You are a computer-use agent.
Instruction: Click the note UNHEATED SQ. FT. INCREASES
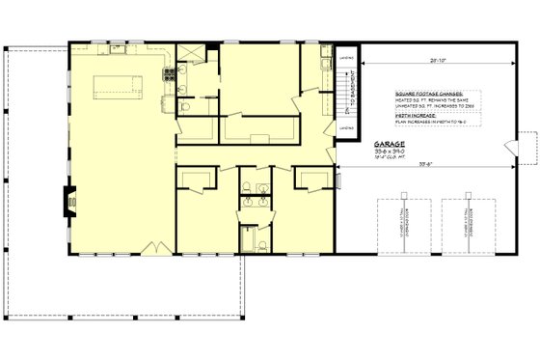click(430, 105)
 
